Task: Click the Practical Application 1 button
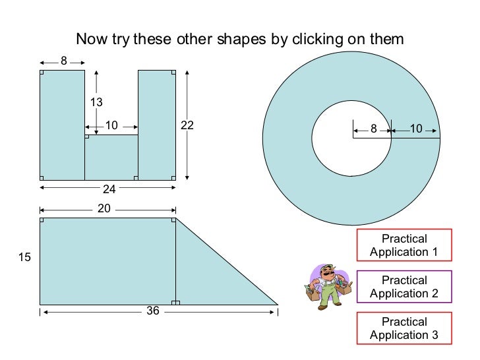tap(404, 245)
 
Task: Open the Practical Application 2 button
tap(404, 287)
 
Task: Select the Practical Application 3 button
tap(404, 328)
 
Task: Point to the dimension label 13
tap(97, 102)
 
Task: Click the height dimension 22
tap(187, 125)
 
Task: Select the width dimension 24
tap(109, 189)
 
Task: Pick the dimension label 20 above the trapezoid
tap(104, 208)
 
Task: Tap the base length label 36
tap(153, 311)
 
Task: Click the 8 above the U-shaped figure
tap(64, 61)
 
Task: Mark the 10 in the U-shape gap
tap(111, 125)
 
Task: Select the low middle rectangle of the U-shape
tap(111, 158)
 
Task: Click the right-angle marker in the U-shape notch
tap(87, 137)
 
